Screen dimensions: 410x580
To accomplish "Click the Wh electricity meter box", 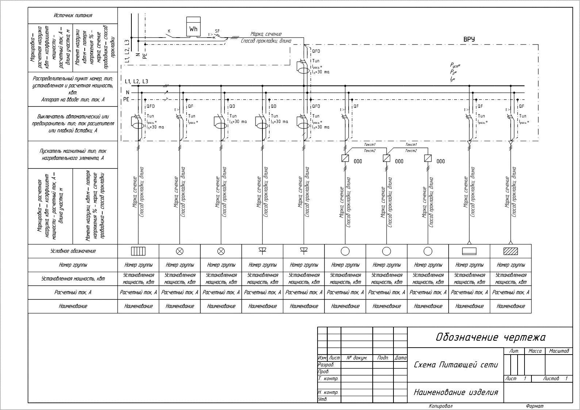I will [x=193, y=26].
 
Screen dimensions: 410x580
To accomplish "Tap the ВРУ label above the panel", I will [x=469, y=39].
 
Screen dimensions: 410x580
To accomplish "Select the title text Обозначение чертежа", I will [x=491, y=337].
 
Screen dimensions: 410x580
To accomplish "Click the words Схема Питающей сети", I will [x=456, y=365].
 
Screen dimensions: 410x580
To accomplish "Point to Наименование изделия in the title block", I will [x=456, y=392].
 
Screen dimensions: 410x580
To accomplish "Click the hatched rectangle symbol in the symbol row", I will [x=511, y=251].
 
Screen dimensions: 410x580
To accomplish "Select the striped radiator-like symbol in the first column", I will [x=138, y=251].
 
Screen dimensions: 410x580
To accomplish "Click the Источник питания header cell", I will [x=73, y=15].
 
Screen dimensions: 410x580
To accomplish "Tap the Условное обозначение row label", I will [x=73, y=251].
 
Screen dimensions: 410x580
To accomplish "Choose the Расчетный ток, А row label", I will [x=73, y=292].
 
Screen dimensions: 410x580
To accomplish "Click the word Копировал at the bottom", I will [x=441, y=406].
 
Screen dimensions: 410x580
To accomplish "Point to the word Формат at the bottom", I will [x=535, y=406].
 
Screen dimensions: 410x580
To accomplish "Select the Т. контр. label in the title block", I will [x=329, y=379].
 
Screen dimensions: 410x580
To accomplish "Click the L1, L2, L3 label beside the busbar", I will [x=137, y=81].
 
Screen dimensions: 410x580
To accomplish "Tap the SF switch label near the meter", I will [x=217, y=31].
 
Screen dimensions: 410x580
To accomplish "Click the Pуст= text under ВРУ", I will [x=455, y=65].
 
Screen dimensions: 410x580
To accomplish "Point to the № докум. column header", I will [x=357, y=358].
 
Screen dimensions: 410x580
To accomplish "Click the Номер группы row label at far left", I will [x=73, y=265].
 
